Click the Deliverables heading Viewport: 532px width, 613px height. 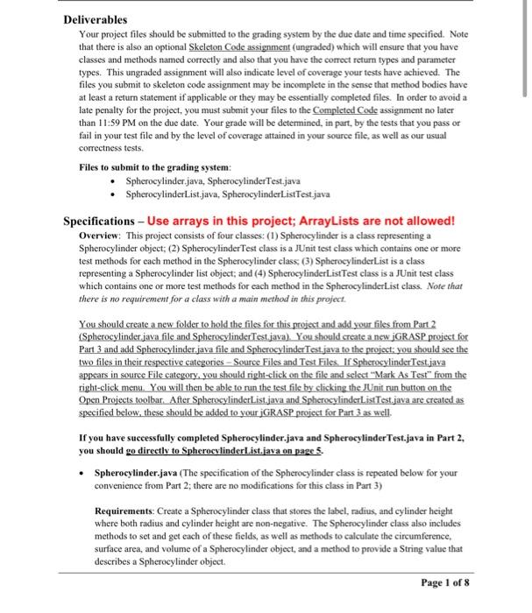point(96,18)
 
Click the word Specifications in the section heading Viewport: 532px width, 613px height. point(103,219)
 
